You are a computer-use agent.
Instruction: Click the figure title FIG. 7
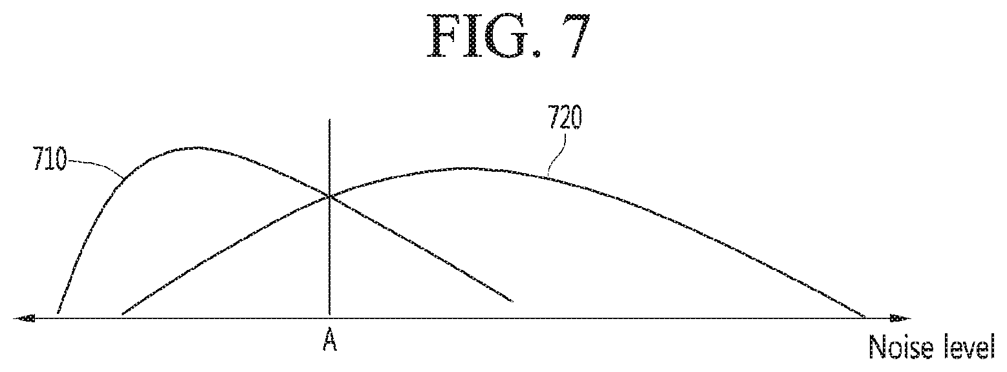point(506,37)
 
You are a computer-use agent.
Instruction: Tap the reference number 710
point(50,160)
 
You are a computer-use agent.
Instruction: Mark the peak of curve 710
point(197,147)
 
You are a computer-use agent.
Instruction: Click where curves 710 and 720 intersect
point(330,196)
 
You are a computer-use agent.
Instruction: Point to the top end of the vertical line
point(330,120)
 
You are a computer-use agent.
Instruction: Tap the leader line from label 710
point(96,165)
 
